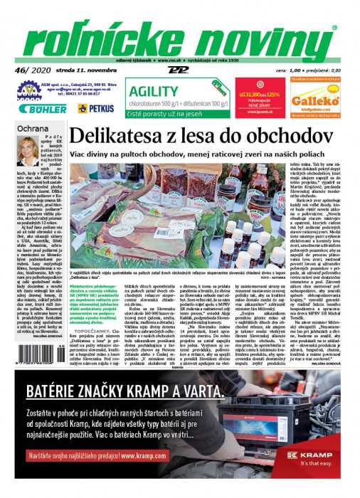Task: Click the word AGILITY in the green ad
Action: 152,90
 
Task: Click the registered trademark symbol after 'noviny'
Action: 334,28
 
